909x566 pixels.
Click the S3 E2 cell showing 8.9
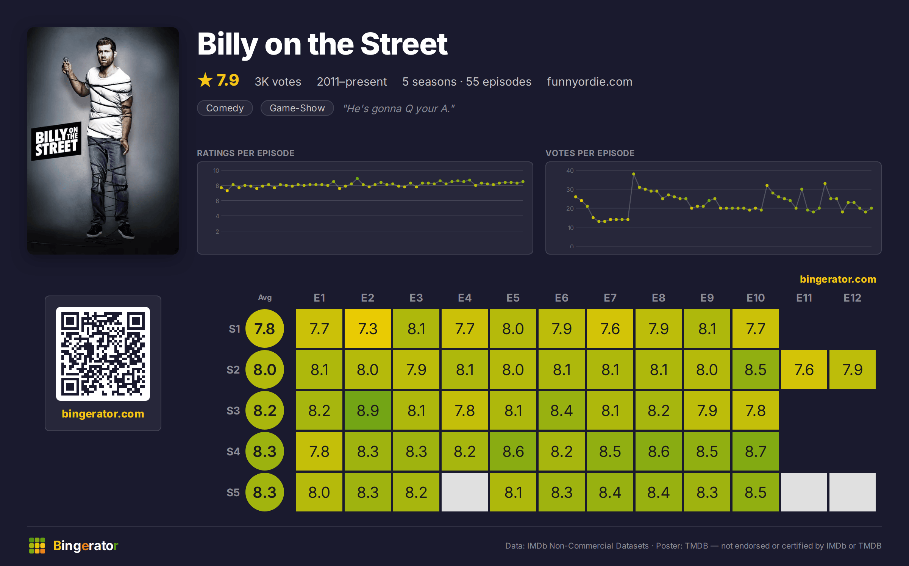pos(367,410)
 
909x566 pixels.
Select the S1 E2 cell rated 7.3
pos(367,328)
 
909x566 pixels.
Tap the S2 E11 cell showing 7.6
pos(804,369)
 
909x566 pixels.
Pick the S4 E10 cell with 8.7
pos(755,451)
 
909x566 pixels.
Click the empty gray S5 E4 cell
pos(464,492)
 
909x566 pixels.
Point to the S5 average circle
pos(265,492)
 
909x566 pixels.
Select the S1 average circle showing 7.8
pos(265,328)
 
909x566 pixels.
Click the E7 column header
pos(610,298)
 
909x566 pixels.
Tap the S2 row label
pos(233,370)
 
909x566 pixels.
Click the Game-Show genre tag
pos(297,108)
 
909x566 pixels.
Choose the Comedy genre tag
pos(225,108)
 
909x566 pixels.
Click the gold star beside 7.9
pos(205,80)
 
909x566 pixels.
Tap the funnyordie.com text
pos(589,81)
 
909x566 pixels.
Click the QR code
pos(103,354)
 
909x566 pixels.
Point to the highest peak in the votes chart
pos(634,174)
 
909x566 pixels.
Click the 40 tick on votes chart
pos(570,170)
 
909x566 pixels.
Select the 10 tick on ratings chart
pos(216,170)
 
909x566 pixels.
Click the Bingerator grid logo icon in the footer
pos(37,546)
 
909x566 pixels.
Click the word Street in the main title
pos(404,44)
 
